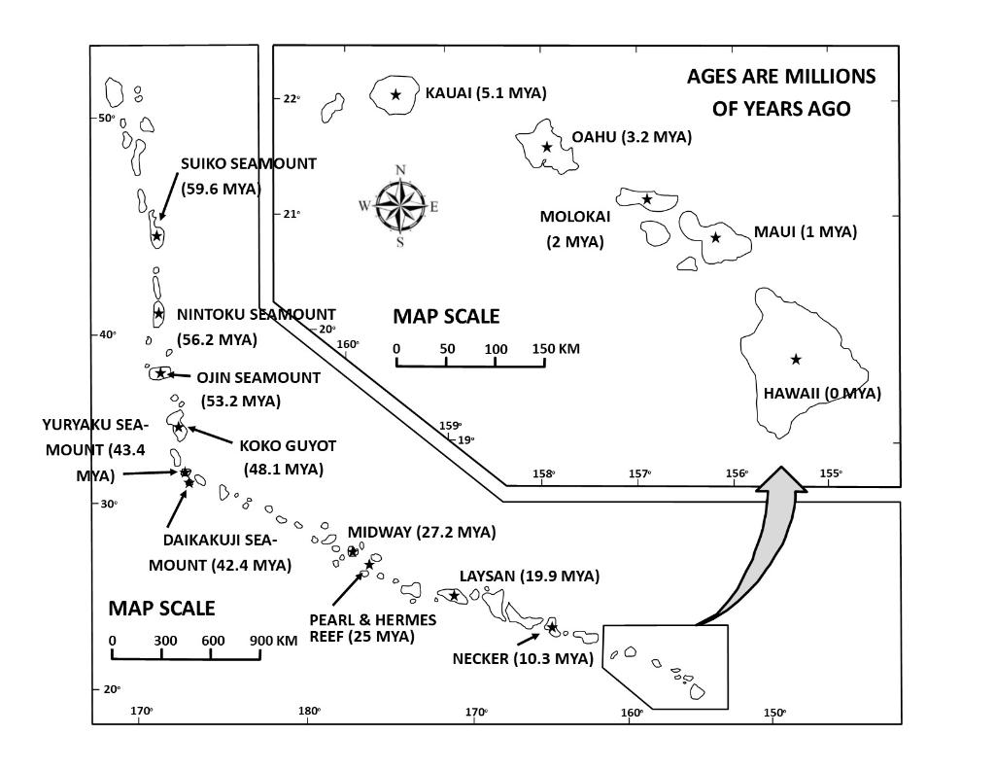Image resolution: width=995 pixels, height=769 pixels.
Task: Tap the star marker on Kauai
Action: point(396,94)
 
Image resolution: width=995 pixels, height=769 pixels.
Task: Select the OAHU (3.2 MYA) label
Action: point(632,137)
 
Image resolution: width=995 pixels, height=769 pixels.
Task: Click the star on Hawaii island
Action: point(796,360)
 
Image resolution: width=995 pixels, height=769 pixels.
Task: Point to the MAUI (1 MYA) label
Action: point(806,232)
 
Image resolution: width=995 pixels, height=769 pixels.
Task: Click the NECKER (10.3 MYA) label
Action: point(523,658)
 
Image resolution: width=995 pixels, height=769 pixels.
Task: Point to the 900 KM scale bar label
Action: point(274,641)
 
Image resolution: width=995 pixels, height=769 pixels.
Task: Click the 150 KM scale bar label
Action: point(556,349)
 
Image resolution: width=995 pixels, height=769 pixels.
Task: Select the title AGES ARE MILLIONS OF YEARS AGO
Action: point(781,92)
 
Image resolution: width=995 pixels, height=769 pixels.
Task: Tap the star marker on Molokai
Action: point(647,199)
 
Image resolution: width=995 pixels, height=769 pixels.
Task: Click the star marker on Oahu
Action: point(547,147)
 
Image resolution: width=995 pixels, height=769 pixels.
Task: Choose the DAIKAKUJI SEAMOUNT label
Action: point(220,552)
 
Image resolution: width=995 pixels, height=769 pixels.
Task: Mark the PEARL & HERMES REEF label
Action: point(373,628)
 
